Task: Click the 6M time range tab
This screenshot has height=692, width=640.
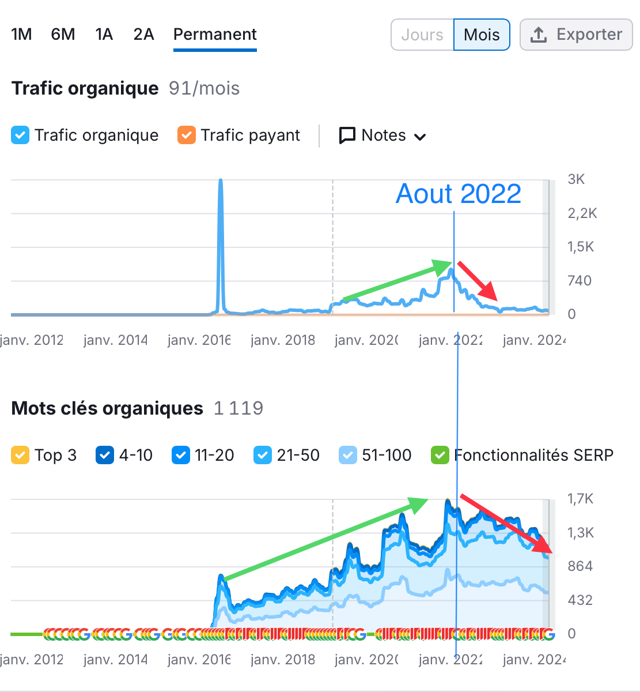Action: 63,35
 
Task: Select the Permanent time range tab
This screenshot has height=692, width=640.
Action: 215,35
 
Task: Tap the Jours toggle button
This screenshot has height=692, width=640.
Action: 422,35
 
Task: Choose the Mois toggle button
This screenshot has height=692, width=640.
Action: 482,35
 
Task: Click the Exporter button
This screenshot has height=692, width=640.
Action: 576,35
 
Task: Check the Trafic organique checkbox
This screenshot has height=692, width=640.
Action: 20,136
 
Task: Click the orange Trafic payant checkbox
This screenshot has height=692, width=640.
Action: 187,136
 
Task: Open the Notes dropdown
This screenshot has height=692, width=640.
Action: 383,136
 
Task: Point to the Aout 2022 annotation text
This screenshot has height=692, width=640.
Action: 459,194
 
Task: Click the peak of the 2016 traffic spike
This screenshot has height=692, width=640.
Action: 221,181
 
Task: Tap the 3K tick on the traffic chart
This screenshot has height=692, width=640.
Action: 576,179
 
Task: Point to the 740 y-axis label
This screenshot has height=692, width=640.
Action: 579,281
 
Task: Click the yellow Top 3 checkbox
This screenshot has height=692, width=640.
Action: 20,456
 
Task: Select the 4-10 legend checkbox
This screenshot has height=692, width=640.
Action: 105,456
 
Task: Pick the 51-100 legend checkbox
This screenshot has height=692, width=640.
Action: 348,456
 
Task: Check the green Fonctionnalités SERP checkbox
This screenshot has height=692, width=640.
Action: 440,456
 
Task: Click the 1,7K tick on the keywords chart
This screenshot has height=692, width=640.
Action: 580,499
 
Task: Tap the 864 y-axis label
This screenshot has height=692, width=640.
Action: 580,566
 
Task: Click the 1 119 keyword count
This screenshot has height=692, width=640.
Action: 238,408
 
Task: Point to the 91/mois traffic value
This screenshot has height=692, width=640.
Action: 204,89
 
